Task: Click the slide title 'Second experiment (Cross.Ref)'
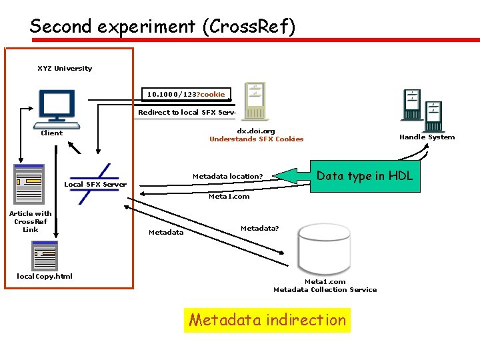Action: point(162,26)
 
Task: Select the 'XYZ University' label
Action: point(65,69)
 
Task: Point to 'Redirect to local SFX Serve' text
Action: point(186,113)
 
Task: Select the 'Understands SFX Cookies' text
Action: point(256,139)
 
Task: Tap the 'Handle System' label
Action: point(427,137)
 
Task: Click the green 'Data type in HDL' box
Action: point(364,176)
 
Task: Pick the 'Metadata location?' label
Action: point(227,177)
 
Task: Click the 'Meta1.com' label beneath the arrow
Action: point(229,197)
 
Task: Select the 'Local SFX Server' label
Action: point(95,185)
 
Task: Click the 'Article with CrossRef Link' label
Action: point(30,221)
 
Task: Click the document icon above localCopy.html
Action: point(45,256)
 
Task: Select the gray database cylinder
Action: point(325,244)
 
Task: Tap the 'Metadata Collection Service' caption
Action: point(325,290)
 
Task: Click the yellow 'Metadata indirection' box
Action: point(267,320)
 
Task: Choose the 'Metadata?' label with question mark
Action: point(259,229)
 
